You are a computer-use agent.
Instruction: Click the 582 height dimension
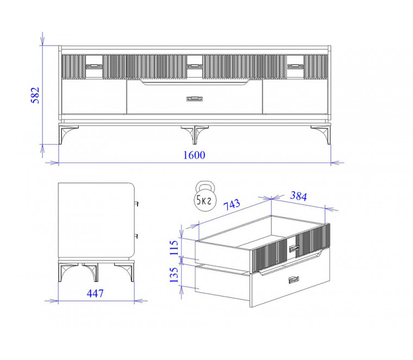[35, 95]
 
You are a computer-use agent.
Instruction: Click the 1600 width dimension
[194, 155]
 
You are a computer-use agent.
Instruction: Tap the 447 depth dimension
[95, 293]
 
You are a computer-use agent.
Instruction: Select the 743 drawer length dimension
[232, 205]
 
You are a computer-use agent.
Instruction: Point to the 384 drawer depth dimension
[298, 196]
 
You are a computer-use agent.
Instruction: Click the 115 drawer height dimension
[174, 248]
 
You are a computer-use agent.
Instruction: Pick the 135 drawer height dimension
[174, 275]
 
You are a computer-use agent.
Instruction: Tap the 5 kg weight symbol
[205, 196]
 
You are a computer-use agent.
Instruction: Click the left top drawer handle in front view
[94, 67]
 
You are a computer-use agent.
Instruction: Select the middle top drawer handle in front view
[195, 67]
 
